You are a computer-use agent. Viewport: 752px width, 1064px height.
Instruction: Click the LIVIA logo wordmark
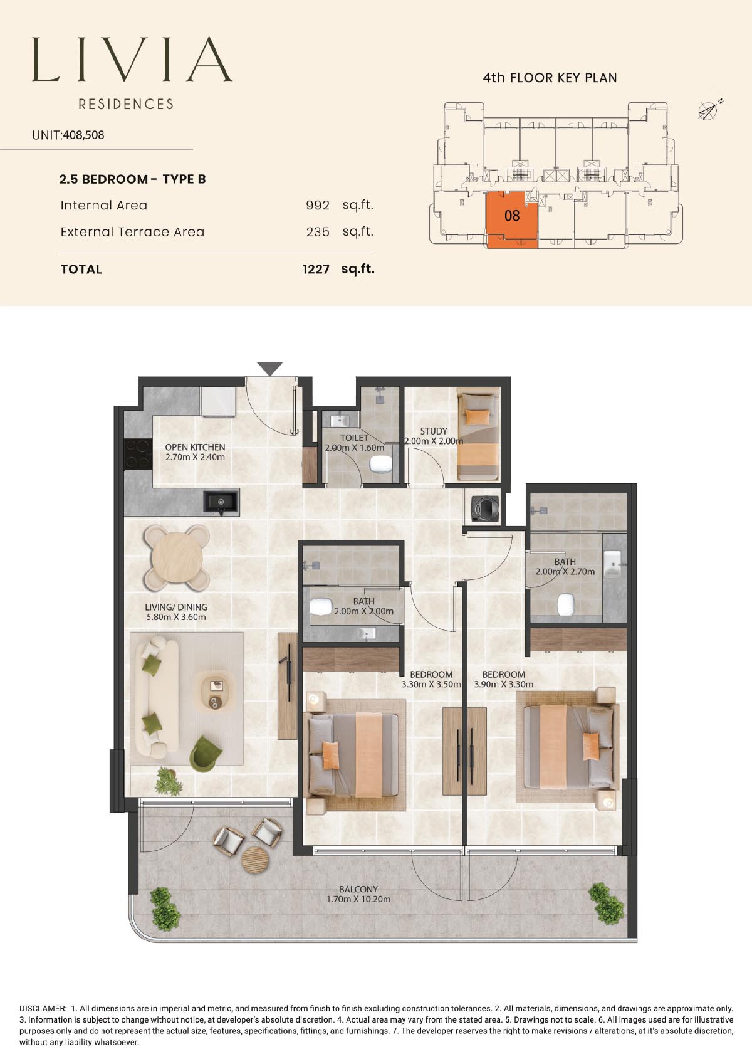tap(132, 60)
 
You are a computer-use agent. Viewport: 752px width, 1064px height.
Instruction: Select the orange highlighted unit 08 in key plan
tap(512, 220)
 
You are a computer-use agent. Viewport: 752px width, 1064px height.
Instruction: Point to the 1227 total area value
tap(316, 270)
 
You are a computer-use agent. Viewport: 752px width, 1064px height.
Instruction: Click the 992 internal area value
tap(318, 205)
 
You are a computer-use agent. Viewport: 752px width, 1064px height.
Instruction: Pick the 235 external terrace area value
tap(318, 232)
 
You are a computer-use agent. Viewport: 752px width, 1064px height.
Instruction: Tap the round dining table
tap(177, 557)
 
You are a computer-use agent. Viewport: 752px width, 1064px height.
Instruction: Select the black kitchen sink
tap(221, 503)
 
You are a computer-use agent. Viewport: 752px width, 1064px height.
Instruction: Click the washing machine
tap(484, 508)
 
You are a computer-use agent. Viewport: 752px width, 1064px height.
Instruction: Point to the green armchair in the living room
tap(205, 754)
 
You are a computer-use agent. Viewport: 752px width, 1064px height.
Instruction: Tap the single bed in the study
tap(478, 434)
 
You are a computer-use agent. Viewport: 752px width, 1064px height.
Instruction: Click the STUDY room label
tap(434, 431)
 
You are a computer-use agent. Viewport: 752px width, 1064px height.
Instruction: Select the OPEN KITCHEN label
tap(195, 447)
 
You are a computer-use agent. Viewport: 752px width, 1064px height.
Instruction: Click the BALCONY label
tap(358, 888)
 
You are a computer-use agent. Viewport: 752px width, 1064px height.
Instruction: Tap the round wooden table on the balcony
tap(256, 860)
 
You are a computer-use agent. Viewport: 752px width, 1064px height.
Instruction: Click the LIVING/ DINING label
tap(176, 607)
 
